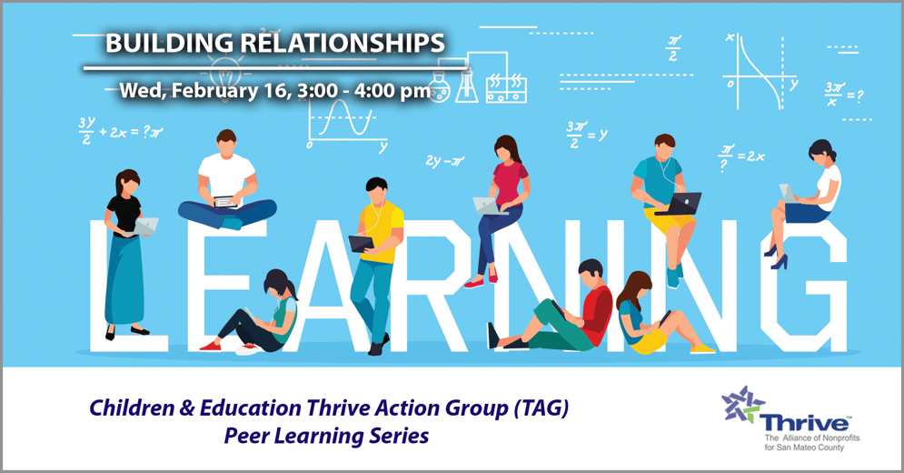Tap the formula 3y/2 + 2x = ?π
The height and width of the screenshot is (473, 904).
(119, 130)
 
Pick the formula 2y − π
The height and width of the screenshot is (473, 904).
(444, 161)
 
